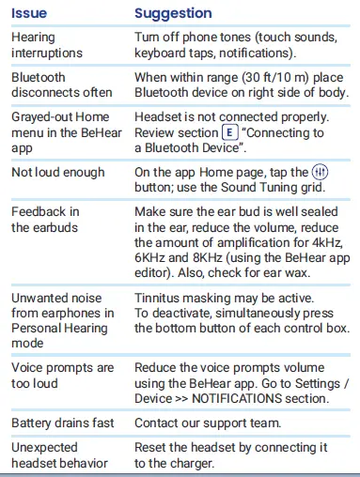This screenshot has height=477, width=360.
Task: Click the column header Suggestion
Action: click(173, 13)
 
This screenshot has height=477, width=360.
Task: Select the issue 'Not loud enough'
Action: click(56, 174)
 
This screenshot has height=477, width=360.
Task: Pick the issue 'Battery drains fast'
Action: click(63, 423)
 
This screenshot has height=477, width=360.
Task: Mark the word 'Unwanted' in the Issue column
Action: click(42, 298)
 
